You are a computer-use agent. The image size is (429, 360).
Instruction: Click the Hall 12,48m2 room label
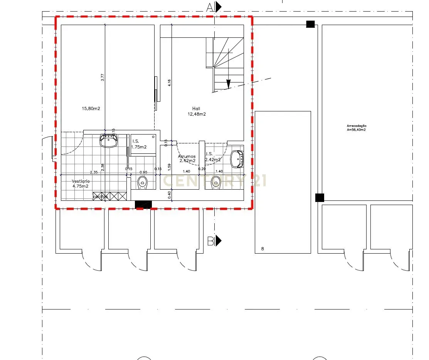point(197,111)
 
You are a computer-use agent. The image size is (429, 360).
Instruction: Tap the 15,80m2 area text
point(91,109)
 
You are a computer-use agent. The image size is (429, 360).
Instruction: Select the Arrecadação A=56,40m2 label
point(356,128)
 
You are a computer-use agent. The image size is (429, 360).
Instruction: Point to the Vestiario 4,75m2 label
point(81,183)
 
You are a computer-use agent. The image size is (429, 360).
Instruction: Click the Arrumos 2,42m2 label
point(187,158)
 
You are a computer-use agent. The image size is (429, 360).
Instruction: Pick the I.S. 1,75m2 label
point(139,144)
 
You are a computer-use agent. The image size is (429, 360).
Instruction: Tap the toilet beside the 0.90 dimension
point(142,182)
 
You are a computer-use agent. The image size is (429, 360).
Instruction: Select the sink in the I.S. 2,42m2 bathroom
point(237,159)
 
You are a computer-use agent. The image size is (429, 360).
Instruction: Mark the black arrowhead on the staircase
point(229,84)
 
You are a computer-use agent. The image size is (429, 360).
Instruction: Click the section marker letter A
point(210,7)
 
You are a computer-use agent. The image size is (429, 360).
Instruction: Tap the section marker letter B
point(211,241)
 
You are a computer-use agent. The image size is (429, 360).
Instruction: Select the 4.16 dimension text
point(169,82)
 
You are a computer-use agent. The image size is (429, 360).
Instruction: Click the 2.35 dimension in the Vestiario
point(93,172)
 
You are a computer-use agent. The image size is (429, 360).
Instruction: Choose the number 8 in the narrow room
point(262,249)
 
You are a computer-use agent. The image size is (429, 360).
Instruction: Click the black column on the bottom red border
point(143,205)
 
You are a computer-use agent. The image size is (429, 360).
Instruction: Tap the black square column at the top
point(310,24)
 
